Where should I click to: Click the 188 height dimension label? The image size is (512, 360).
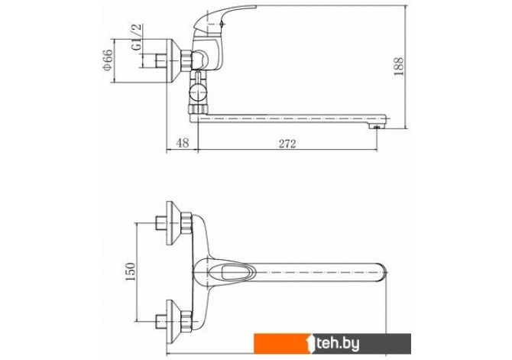tap(398, 66)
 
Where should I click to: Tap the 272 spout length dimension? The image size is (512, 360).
tap(287, 144)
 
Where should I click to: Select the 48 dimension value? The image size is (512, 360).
tap(182, 143)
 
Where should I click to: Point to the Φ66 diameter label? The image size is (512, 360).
tap(108, 60)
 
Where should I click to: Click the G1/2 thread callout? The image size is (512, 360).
tap(137, 37)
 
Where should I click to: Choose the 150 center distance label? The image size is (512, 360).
tap(130, 272)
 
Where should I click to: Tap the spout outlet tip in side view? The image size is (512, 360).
tap(377, 126)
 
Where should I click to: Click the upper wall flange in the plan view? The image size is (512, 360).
tap(173, 223)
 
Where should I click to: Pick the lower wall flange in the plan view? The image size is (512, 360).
tap(173, 322)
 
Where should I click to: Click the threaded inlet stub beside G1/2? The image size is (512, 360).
tap(161, 60)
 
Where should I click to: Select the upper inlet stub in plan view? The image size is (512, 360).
tap(161, 223)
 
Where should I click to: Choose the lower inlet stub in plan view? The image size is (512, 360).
tap(161, 322)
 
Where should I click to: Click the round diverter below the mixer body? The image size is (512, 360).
tap(198, 92)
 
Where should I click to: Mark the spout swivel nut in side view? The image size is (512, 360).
tap(198, 109)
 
